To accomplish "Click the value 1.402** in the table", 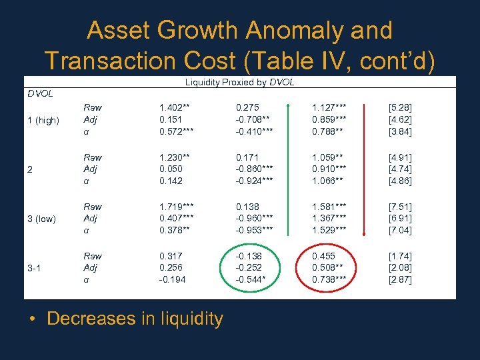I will tap(175, 107).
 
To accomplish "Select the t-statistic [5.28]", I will tap(400, 107).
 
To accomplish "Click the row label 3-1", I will tap(35, 268).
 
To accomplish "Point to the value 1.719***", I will tap(177, 207).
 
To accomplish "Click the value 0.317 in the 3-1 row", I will tap(172, 256).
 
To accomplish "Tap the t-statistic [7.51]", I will tap(400, 207).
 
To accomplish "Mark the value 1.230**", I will tap(175, 157).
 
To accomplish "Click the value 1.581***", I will tap(331, 207).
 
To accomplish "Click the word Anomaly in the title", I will tap(296, 31).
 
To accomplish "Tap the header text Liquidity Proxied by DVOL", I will tap(239, 83).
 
